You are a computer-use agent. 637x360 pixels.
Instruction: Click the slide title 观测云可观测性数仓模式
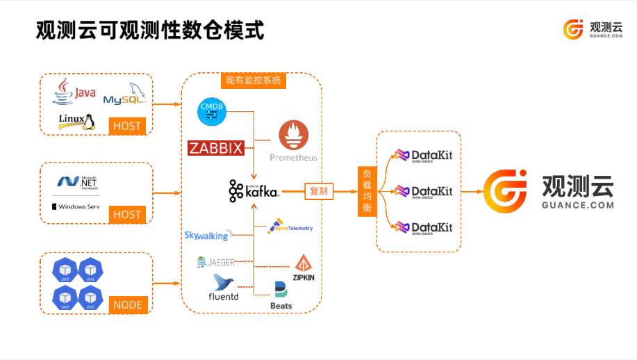[150, 31]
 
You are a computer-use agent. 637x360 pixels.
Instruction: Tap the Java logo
[74, 91]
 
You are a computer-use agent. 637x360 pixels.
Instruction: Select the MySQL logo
[125, 94]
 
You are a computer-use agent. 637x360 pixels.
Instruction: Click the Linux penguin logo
[76, 122]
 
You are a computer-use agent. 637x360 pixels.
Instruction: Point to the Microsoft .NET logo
[77, 182]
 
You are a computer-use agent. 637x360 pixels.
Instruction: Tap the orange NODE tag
[127, 304]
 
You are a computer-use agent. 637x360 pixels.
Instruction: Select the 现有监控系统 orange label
[253, 81]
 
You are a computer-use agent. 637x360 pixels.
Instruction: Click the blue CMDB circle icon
[212, 111]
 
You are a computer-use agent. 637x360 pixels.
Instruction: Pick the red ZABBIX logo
[216, 148]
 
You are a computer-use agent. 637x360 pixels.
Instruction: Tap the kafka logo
[254, 190]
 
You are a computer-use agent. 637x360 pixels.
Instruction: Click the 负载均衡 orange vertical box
[367, 191]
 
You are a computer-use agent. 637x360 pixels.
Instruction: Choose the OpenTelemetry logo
[290, 227]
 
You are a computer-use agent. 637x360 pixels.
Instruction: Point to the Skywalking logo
[207, 236]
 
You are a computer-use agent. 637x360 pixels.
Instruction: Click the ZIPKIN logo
[304, 268]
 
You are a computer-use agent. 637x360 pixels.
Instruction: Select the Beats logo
[281, 295]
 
